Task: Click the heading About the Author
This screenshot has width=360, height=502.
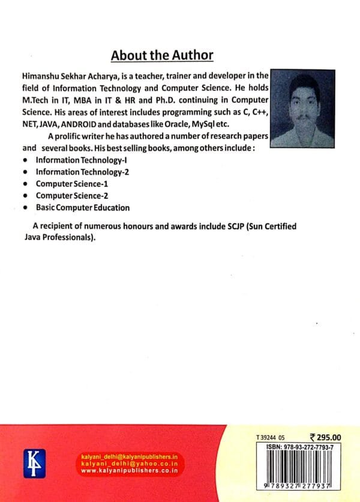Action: (x=162, y=56)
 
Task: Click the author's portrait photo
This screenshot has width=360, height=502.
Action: (x=302, y=108)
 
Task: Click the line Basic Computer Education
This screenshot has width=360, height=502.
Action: (x=82, y=208)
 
